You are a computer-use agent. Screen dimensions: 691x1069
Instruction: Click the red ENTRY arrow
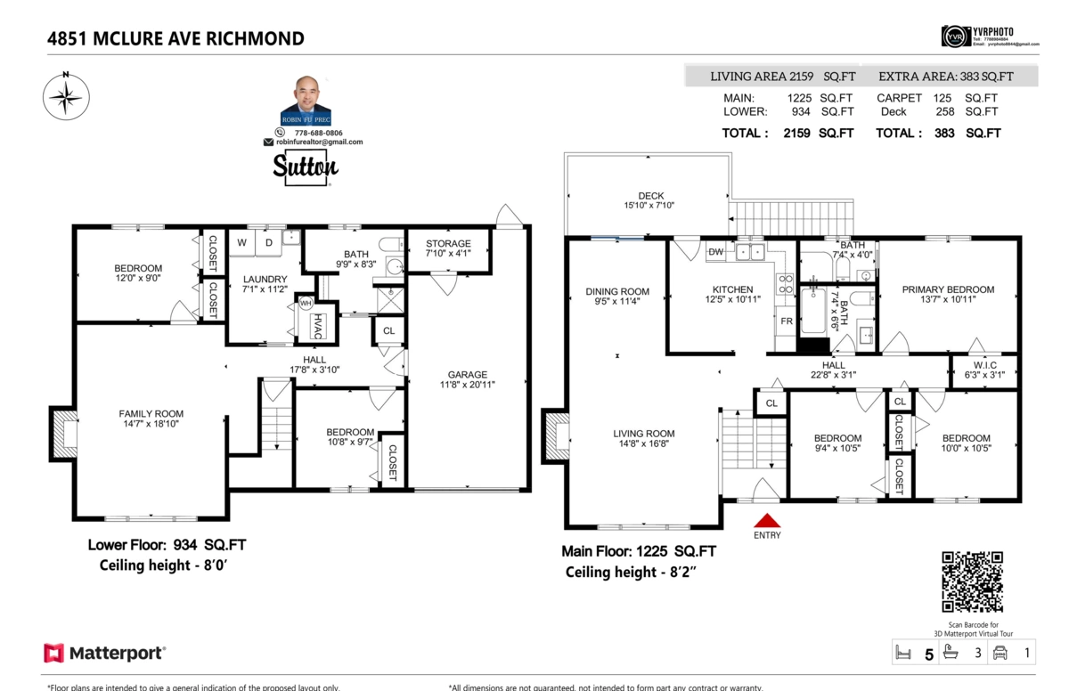[x=767, y=520]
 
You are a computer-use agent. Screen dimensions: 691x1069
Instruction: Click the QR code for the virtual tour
[x=972, y=581]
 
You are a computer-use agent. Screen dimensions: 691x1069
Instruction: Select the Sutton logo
[x=305, y=167]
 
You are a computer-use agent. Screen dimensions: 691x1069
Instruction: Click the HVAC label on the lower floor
[x=316, y=327]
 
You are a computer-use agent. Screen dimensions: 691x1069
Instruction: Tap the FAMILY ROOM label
[x=151, y=413]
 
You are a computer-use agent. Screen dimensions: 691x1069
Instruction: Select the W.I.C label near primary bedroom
[x=983, y=364]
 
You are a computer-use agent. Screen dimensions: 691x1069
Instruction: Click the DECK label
[x=650, y=196]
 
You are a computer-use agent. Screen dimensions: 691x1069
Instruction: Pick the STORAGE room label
[x=448, y=243]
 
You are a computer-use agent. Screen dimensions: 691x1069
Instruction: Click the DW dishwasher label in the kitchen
[x=714, y=252]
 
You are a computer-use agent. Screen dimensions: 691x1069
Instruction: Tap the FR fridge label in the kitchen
[x=787, y=321]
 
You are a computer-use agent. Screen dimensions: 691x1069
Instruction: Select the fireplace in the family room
[x=62, y=435]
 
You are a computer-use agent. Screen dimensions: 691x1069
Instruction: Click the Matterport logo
[x=105, y=653]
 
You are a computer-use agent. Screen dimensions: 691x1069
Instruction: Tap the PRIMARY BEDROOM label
[x=948, y=289]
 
